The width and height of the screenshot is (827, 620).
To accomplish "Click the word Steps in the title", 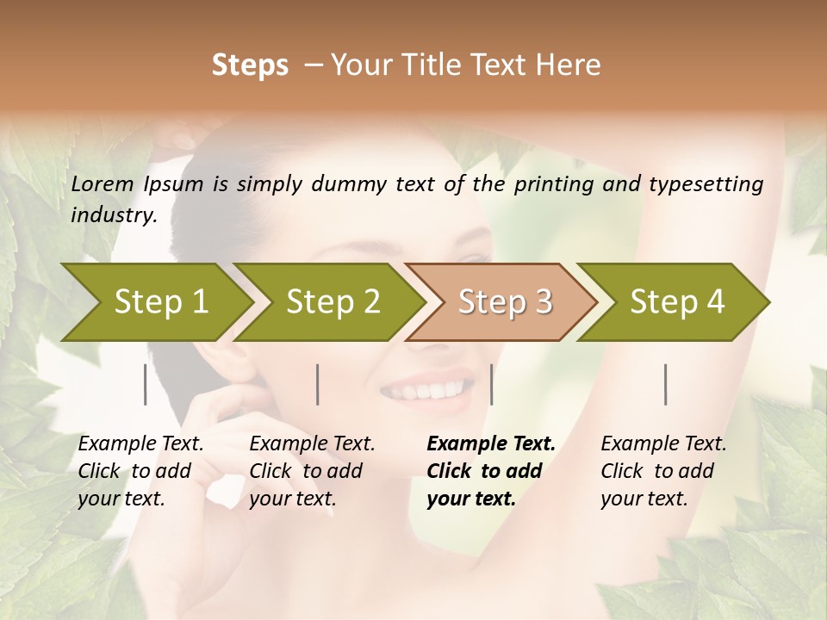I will pos(250,65).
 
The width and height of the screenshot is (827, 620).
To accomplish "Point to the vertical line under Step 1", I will pos(146,384).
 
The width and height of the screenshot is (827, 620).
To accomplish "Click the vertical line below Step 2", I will pos(318,384).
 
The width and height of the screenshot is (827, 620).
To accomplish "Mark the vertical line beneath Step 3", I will pos(491,384).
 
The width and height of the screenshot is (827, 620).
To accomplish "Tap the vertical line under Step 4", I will pos(665,384).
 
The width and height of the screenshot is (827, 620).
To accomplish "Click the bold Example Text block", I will pos(490,471).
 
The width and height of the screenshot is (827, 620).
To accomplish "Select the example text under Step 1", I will pos(140,471).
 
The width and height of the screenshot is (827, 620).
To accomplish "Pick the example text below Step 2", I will pos(312,471).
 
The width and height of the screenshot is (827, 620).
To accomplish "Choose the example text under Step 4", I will pos(663,471).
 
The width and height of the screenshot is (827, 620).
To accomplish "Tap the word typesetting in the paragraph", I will pos(712,184).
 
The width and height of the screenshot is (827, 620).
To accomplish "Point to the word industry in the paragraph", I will pos(113,215).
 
